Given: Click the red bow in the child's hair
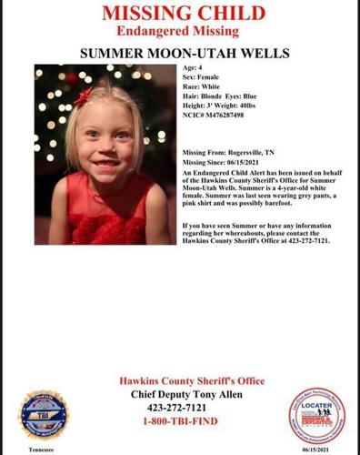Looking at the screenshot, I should point(84,96).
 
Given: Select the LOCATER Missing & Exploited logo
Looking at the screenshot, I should point(316,414).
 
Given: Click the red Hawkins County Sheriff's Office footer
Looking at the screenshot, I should point(179,379).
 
